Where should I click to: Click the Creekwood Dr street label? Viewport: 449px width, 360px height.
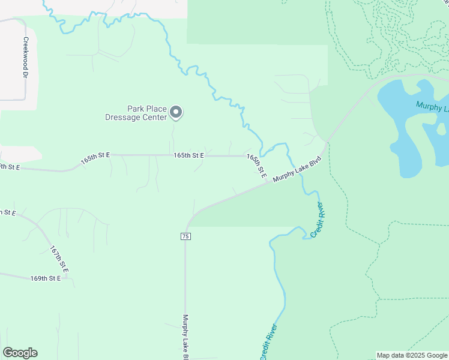pyautogui.click(x=26, y=58)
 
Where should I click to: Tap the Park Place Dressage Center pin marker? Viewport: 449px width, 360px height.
pyautogui.click(x=176, y=112)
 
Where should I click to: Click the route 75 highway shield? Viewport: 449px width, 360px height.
pyautogui.click(x=185, y=236)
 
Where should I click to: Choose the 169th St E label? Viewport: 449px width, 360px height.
pyautogui.click(x=46, y=278)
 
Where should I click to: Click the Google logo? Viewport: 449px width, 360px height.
pyautogui.click(x=20, y=353)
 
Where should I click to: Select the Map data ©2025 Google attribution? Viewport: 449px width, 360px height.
pyautogui.click(x=412, y=355)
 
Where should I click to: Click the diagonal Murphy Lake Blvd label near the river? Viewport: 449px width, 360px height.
pyautogui.click(x=298, y=170)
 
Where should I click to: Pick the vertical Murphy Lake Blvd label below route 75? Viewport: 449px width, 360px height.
pyautogui.click(x=185, y=336)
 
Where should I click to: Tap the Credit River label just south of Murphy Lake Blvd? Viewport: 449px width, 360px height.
pyautogui.click(x=319, y=220)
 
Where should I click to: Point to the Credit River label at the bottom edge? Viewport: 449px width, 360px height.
pyautogui.click(x=268, y=342)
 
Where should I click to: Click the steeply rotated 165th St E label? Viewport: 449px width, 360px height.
pyautogui.click(x=256, y=165)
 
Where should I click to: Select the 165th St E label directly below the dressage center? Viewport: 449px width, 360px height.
pyautogui.click(x=188, y=155)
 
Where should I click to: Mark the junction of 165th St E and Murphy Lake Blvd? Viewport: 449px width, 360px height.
pyautogui.click(x=268, y=184)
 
